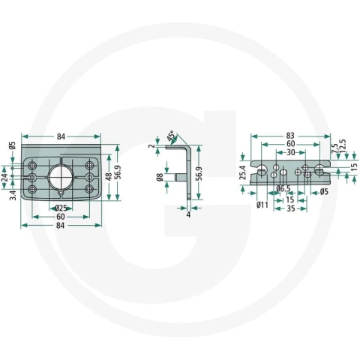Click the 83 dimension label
(x=290, y=136)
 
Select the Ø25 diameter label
(x=61, y=208)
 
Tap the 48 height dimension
(x=109, y=177)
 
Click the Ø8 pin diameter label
(x=160, y=177)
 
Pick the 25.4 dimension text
(x=243, y=172)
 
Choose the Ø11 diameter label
(x=262, y=205)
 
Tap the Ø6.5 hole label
(x=283, y=189)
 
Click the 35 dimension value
(x=290, y=208)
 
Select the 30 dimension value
(x=290, y=152)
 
